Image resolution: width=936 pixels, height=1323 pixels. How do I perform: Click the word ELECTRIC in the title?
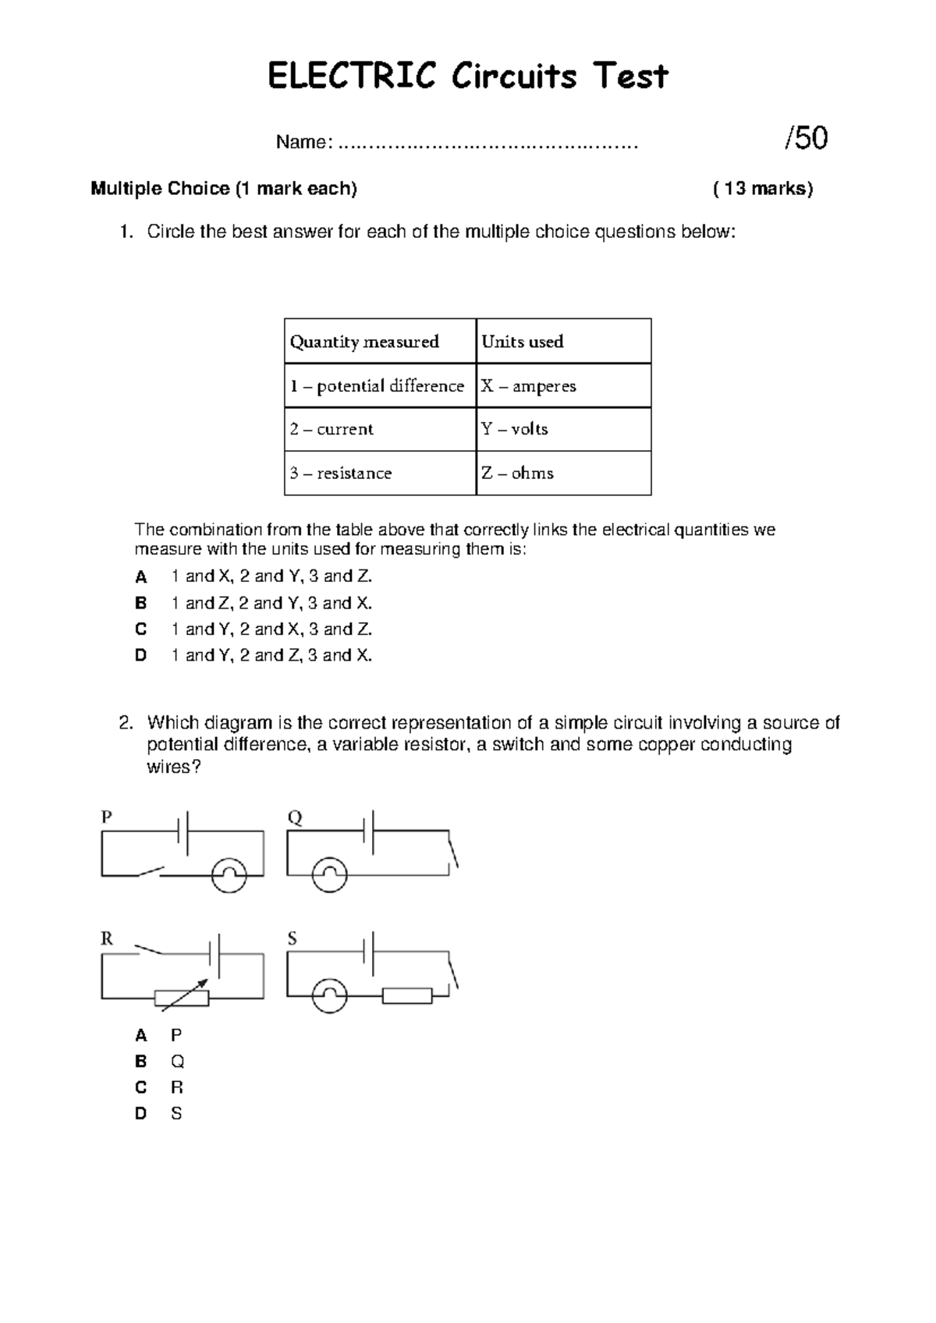click(351, 76)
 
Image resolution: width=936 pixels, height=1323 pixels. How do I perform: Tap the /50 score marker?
click(806, 139)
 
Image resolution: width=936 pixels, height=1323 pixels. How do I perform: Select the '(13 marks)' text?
click(763, 189)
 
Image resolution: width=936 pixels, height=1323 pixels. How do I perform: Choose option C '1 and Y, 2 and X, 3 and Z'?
click(271, 629)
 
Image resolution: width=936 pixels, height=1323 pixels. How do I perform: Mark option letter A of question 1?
click(141, 577)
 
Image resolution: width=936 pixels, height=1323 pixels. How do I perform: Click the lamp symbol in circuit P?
click(229, 875)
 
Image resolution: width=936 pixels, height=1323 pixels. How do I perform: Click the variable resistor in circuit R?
click(182, 997)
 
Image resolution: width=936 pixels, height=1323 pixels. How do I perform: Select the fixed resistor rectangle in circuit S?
click(407, 996)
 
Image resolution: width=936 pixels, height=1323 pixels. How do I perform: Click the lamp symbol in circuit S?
click(329, 996)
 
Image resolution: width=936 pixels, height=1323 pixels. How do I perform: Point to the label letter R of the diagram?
click(107, 939)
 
